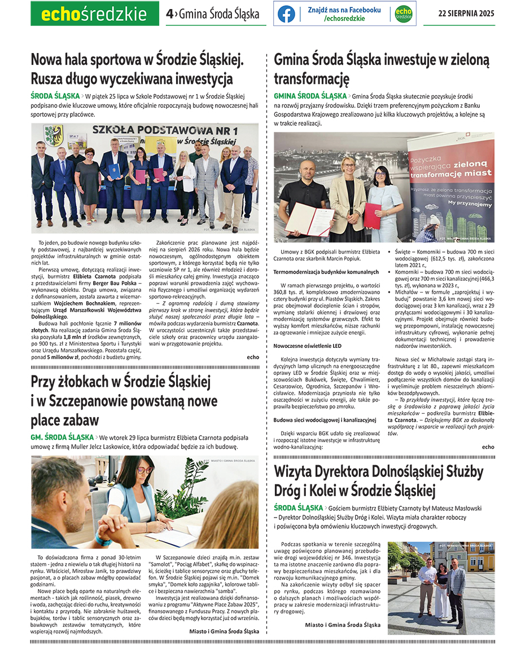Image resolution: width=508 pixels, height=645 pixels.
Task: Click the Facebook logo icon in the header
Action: coord(286,14)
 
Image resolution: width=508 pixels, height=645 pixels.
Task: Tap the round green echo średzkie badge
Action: coord(403,14)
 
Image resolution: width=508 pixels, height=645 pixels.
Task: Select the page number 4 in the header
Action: coord(169,14)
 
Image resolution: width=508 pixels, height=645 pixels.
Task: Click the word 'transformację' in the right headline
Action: coord(312,78)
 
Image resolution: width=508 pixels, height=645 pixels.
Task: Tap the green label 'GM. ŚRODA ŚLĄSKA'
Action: coord(62,437)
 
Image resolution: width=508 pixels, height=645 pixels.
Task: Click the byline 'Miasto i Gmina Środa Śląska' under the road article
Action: coord(342,624)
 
